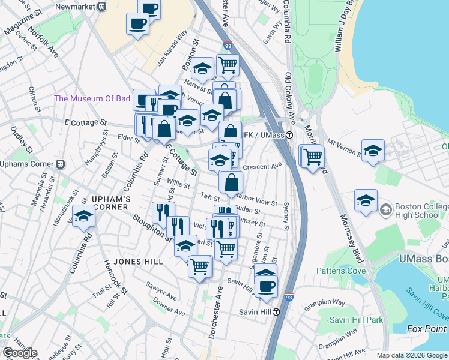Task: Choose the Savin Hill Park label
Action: [355, 320]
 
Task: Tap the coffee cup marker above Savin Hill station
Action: [266, 286]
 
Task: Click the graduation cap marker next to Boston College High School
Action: [366, 201]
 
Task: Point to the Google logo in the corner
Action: [19, 353]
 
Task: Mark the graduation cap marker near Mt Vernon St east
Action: [373, 151]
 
